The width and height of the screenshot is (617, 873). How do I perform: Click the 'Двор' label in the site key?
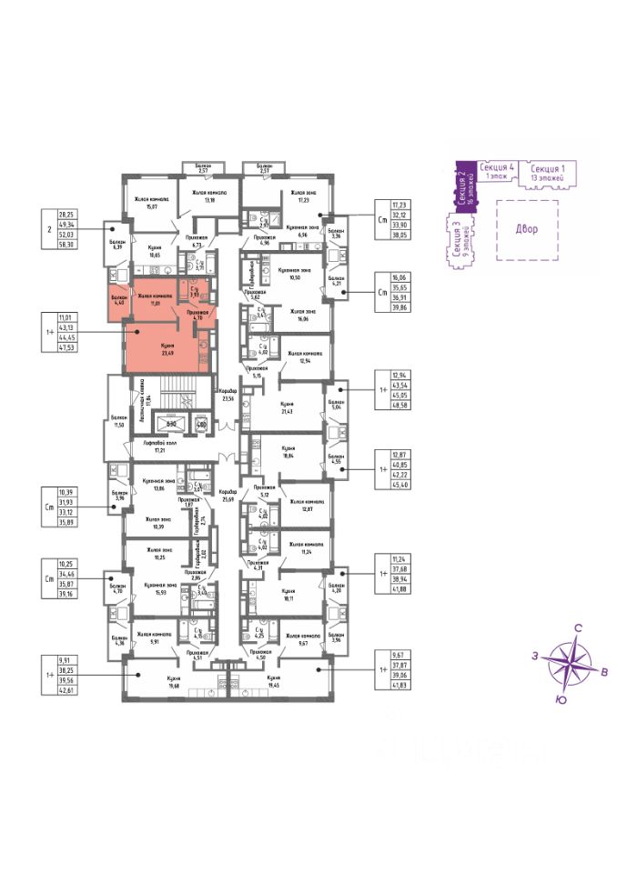click(x=525, y=228)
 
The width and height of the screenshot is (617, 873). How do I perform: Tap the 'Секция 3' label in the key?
click(x=454, y=239)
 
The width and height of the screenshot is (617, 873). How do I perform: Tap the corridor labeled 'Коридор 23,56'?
click(x=228, y=395)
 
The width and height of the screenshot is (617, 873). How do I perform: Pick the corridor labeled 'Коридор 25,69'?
click(x=228, y=496)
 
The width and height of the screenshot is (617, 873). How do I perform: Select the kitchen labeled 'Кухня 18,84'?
click(x=288, y=452)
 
